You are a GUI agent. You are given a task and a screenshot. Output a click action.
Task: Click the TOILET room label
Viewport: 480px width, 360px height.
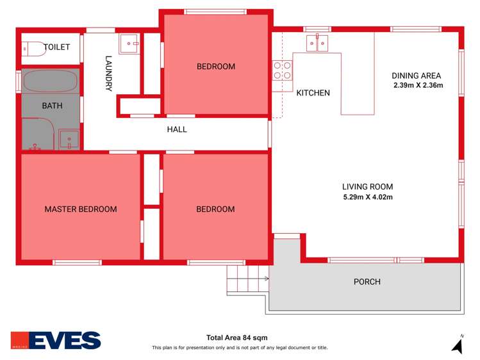(x=56, y=47)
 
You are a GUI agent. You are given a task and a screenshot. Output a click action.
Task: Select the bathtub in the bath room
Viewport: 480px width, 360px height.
(x=51, y=82)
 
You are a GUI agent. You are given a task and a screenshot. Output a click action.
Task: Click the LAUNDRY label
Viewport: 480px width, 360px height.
(x=109, y=74)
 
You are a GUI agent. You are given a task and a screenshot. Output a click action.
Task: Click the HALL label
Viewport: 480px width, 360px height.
(x=177, y=129)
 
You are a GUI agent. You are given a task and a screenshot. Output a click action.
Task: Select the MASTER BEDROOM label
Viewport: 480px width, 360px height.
(x=81, y=209)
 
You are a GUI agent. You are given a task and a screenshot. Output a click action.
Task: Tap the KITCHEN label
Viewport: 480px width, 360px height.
(x=313, y=93)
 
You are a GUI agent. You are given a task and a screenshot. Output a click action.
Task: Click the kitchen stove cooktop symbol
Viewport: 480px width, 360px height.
(x=283, y=70)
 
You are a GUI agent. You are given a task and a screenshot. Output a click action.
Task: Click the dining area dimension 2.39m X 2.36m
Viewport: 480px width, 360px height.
(x=418, y=85)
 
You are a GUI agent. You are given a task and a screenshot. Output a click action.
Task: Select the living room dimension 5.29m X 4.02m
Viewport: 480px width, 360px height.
(x=368, y=197)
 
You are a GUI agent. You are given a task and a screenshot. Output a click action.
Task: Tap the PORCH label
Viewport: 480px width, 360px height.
(x=367, y=282)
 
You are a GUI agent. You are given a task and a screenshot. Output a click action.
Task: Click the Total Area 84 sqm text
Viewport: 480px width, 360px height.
(x=236, y=338)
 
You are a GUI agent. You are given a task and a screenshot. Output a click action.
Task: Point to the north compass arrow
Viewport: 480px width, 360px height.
(x=458, y=346)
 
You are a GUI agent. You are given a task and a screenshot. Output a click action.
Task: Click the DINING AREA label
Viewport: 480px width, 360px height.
(x=417, y=75)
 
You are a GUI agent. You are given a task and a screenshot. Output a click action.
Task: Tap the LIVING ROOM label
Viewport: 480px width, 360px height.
(x=368, y=186)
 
